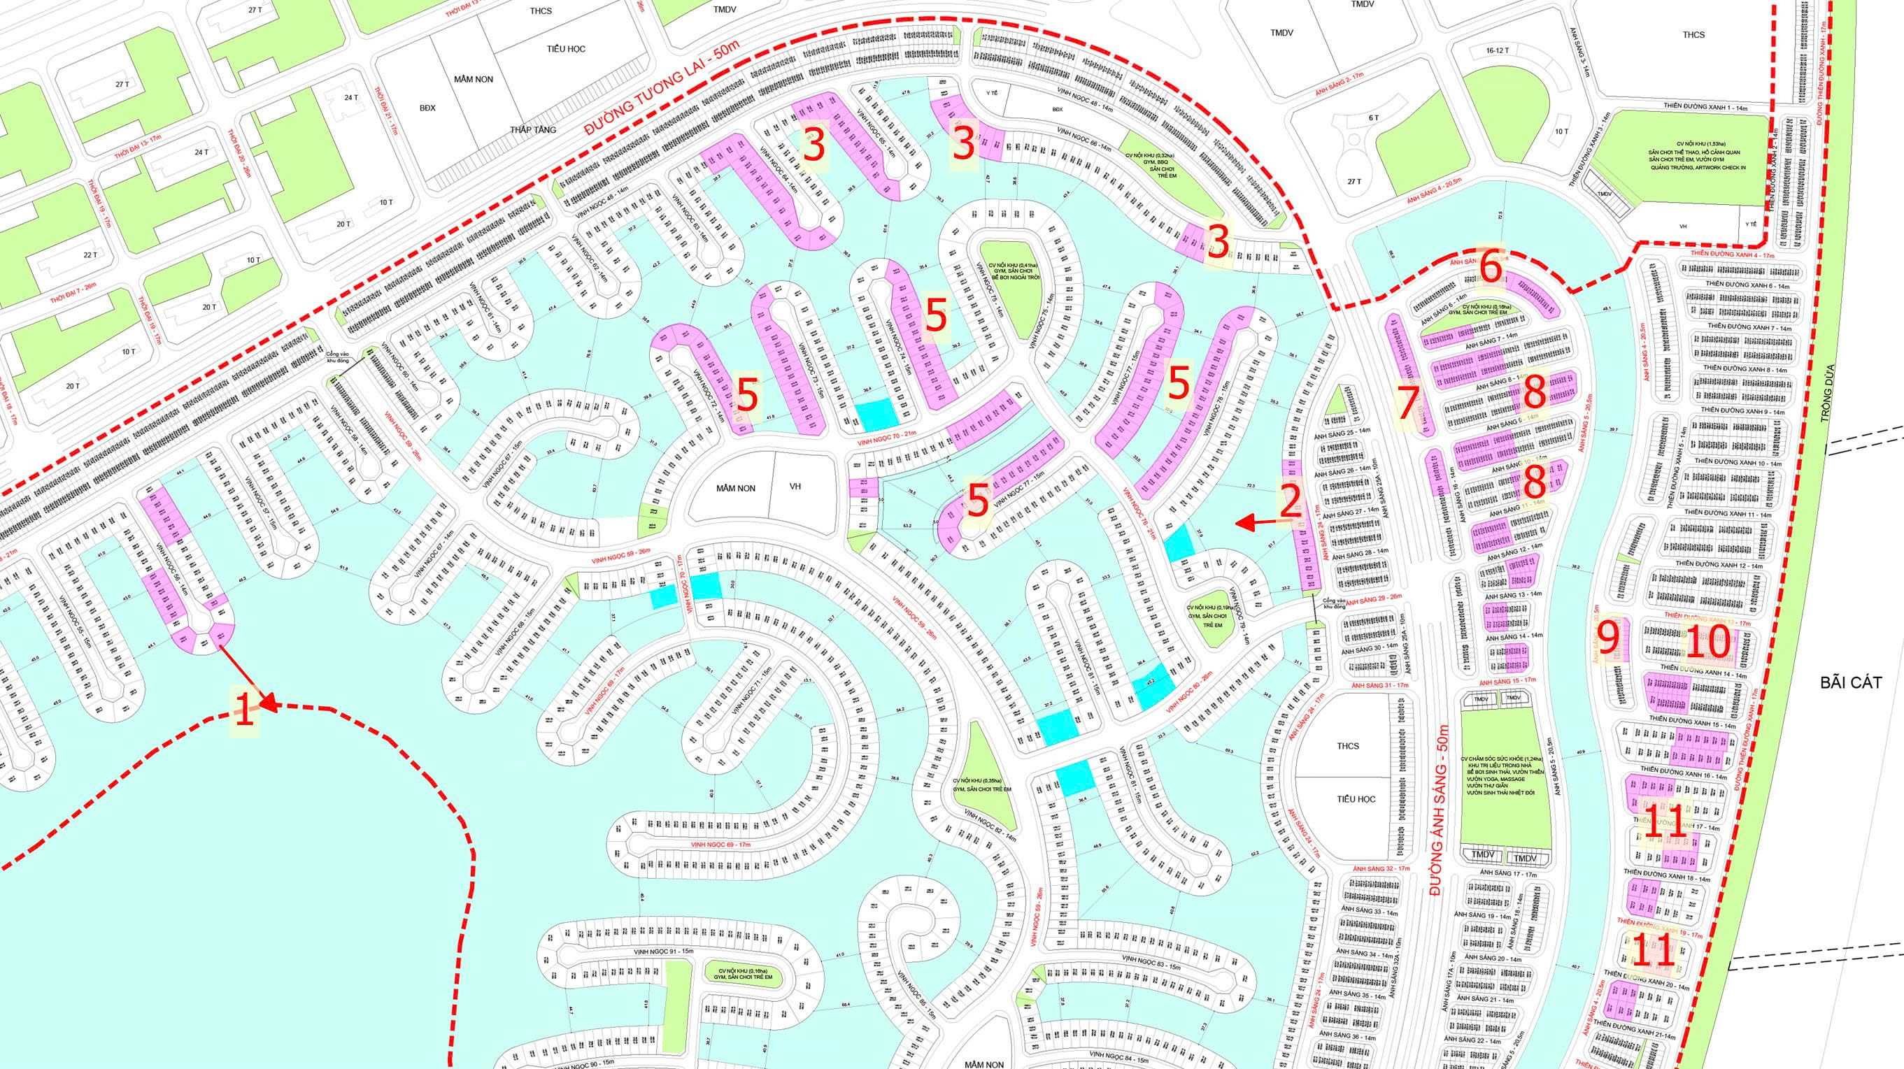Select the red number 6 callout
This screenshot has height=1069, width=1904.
pos(1491,268)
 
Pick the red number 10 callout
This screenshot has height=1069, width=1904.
pos(1708,643)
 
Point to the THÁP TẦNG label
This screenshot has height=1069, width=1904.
pos(532,129)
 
